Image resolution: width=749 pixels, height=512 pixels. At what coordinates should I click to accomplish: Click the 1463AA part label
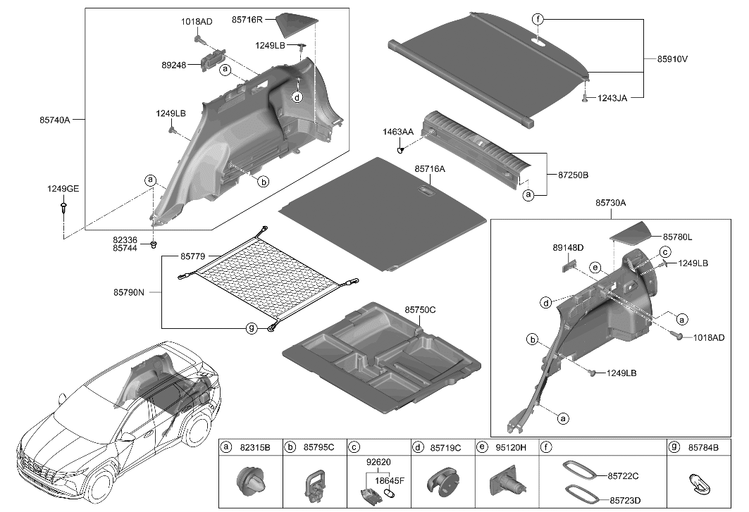pyautogui.click(x=398, y=132)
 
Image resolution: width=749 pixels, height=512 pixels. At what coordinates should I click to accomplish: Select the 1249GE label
pyautogui.click(x=63, y=188)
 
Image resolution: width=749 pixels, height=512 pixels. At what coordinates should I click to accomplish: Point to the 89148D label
pyautogui.click(x=568, y=248)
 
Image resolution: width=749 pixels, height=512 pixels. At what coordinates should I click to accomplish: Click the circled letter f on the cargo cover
pyautogui.click(x=538, y=20)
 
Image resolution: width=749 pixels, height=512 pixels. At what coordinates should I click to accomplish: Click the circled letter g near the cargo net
pyautogui.click(x=250, y=328)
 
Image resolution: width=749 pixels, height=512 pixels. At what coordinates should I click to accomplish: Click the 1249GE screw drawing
pyautogui.click(x=64, y=207)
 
